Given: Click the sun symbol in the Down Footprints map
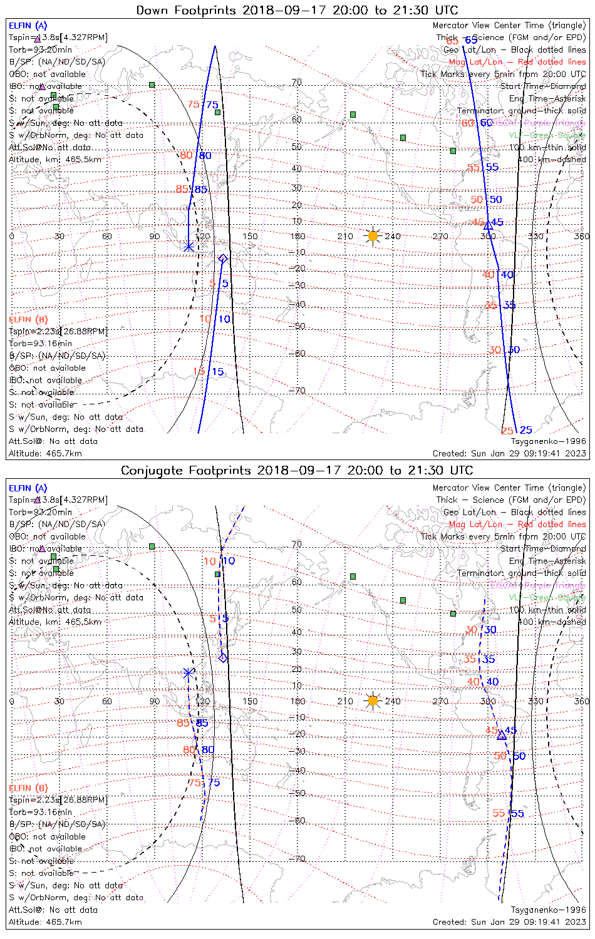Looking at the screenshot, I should (373, 236).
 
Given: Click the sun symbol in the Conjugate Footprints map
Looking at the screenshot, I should (373, 700).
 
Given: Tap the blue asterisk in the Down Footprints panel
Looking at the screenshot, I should (189, 247).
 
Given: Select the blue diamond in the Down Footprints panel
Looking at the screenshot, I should (222, 259).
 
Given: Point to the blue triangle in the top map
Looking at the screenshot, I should (489, 225).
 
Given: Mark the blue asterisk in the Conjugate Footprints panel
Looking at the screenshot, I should (188, 673).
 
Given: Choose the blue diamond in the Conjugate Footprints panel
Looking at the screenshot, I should (223, 657).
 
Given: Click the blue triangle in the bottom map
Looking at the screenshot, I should (502, 736).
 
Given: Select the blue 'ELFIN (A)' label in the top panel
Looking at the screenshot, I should (28, 26).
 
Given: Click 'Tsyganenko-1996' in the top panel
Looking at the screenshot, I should (548, 441).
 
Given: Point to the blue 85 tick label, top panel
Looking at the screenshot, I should (201, 190).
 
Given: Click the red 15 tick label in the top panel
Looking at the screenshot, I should (199, 371).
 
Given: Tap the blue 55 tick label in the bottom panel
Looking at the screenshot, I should (517, 813).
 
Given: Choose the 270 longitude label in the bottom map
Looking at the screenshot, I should (440, 701).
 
